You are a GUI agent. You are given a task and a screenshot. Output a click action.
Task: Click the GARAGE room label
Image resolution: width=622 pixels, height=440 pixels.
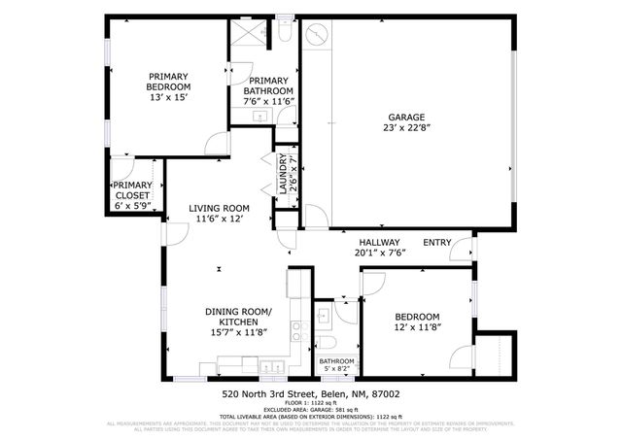(406, 117)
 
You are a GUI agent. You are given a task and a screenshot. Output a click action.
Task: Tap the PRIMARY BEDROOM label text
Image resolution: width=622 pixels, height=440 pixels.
(167, 81)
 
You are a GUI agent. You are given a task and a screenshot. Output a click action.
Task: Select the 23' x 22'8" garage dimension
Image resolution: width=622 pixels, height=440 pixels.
(406, 127)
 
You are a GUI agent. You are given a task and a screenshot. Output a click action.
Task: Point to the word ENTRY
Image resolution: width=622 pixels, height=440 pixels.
(436, 243)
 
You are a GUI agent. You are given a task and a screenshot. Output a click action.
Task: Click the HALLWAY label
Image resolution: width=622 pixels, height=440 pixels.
(379, 243)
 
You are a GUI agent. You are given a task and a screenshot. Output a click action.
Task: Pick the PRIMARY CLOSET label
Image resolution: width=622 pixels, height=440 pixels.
(132, 190)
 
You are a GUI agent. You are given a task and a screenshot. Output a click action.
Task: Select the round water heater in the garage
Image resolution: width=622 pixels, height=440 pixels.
(317, 36)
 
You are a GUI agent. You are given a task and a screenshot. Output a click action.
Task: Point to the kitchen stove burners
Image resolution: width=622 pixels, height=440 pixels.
(295, 284)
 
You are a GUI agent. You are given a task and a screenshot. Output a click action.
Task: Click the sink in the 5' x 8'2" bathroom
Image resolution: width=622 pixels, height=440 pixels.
(324, 316)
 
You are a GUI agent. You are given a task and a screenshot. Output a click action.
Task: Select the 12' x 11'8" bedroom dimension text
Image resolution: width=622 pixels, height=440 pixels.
(417, 328)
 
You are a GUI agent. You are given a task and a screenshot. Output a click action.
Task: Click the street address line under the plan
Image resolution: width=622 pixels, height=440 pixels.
(310, 394)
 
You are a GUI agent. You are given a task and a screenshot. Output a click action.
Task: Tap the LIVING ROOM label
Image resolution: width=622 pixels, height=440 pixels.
(205, 208)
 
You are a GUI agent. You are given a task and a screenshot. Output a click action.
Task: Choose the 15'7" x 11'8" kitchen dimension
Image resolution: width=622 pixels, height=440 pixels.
(237, 331)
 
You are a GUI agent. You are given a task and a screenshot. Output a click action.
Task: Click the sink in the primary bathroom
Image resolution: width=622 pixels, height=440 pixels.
(261, 117)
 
